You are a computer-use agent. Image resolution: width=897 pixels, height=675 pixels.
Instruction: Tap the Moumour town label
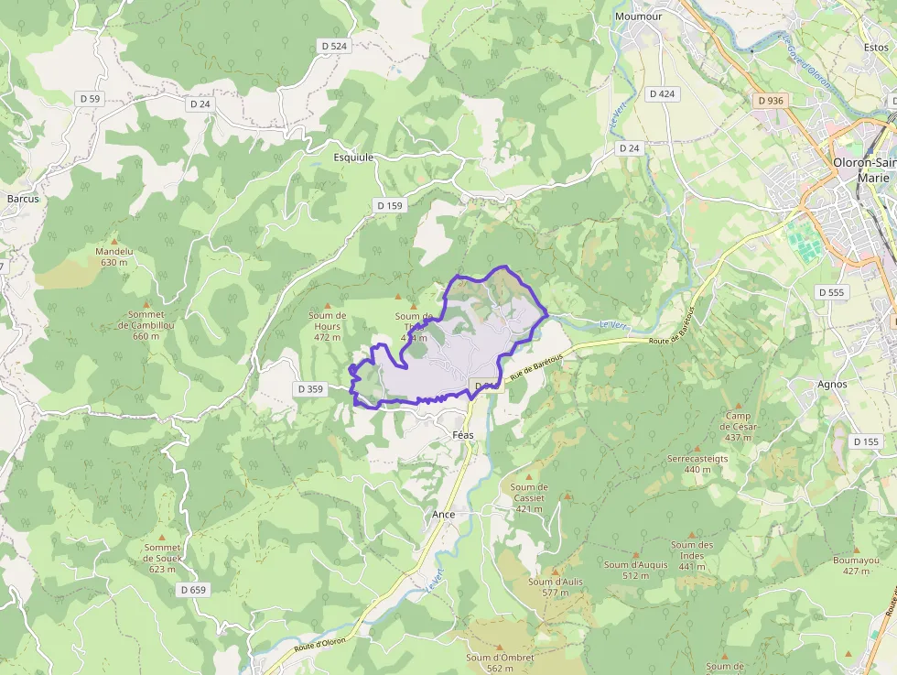tap(639, 16)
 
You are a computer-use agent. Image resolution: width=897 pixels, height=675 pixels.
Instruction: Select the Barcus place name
tap(22, 198)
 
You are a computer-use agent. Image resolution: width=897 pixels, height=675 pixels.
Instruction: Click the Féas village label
tap(463, 435)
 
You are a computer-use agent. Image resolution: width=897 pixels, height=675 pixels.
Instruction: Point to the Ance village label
tap(444, 515)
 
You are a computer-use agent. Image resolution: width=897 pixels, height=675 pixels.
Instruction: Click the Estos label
tap(876, 46)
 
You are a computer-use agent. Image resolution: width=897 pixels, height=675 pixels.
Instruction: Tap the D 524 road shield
tap(334, 46)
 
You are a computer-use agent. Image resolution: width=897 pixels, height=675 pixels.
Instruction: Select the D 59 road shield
tap(90, 98)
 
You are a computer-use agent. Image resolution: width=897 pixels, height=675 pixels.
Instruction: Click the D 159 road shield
tap(390, 206)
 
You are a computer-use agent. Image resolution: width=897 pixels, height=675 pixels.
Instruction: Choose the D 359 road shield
tap(310, 389)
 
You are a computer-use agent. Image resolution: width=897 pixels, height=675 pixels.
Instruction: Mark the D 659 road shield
tap(193, 590)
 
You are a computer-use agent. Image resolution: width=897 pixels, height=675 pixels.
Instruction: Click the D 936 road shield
tap(771, 100)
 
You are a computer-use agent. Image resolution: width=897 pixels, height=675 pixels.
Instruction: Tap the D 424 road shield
tap(662, 93)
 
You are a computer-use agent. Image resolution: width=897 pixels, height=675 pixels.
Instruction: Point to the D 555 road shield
tap(831, 292)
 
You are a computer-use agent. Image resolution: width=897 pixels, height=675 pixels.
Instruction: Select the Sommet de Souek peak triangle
tap(163, 537)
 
